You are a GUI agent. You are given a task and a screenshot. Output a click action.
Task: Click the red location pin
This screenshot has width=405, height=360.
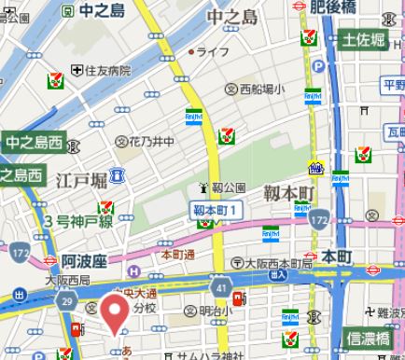click(115, 312)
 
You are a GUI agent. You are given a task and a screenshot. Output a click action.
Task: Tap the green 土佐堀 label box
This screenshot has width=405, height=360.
click(364, 40)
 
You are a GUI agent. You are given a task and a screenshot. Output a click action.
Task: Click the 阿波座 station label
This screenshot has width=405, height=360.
click(71, 262)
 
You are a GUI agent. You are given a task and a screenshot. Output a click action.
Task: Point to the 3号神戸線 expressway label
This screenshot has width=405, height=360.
click(77, 220)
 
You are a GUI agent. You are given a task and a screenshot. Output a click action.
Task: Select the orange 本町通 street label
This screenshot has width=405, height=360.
click(177, 254)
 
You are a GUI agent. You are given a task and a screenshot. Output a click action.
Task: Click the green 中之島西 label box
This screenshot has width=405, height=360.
click(33, 143)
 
